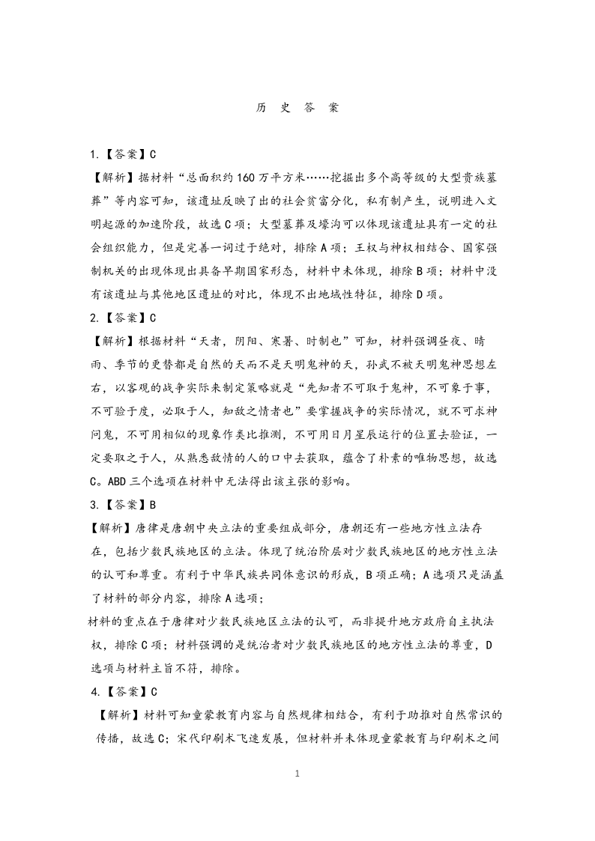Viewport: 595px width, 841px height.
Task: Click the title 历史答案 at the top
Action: (x=297, y=107)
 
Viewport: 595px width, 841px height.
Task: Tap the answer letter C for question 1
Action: (x=153, y=155)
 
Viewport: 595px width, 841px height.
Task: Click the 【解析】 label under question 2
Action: (x=112, y=341)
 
